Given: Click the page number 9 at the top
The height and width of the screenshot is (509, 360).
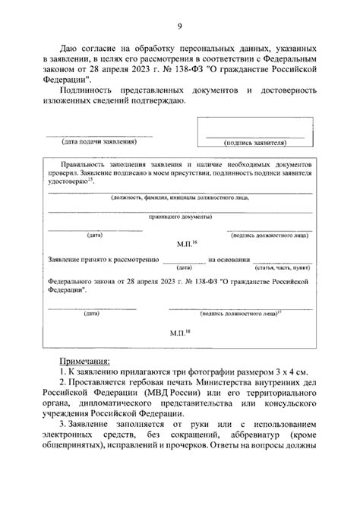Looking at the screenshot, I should (180, 28).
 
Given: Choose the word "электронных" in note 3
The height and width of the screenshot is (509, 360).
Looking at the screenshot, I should (85, 454).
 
